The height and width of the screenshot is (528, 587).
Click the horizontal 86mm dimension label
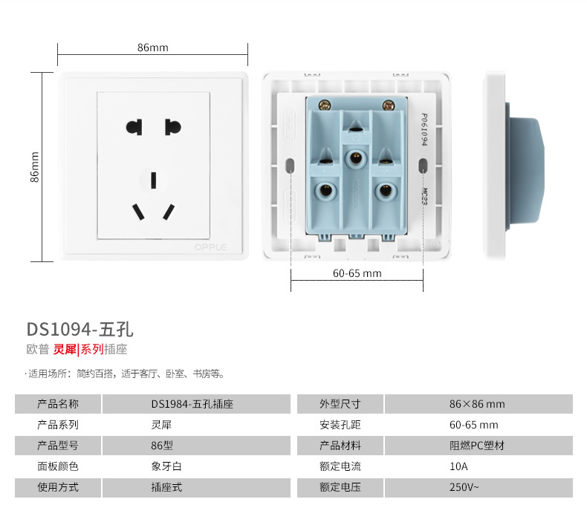click(x=152, y=48)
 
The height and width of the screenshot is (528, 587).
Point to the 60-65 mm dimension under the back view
click(x=357, y=273)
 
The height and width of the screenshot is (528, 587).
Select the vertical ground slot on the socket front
click(x=153, y=180)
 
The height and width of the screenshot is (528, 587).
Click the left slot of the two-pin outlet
click(x=134, y=127)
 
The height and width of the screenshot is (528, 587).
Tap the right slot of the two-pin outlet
click(x=172, y=127)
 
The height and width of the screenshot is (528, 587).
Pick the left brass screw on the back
click(x=324, y=105)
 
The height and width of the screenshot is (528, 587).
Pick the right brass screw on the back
click(x=387, y=105)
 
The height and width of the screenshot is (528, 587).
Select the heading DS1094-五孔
click(x=80, y=329)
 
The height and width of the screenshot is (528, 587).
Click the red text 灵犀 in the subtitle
click(x=64, y=349)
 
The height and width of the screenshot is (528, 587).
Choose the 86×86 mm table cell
click(x=477, y=404)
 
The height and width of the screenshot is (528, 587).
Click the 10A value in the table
click(x=458, y=466)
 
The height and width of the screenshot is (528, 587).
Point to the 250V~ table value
click(x=464, y=487)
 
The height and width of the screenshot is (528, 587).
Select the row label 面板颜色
click(x=58, y=466)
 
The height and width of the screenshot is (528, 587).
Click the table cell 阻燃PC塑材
click(x=477, y=446)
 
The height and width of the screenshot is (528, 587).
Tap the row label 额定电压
click(x=340, y=487)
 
